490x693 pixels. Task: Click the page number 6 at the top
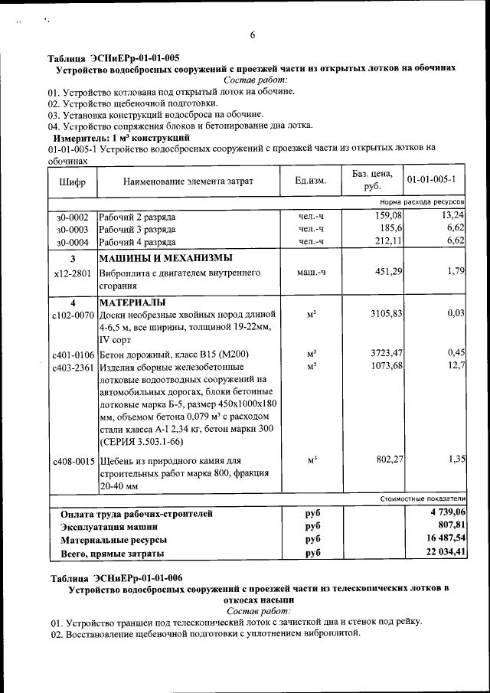pyautogui.click(x=252, y=35)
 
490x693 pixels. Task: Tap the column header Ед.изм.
pyautogui.click(x=310, y=181)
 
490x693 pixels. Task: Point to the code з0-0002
pyautogui.click(x=72, y=217)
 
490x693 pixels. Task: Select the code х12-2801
pyautogui.click(x=73, y=273)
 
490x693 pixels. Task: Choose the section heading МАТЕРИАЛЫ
pyautogui.click(x=132, y=302)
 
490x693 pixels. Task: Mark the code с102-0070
pyautogui.click(x=73, y=315)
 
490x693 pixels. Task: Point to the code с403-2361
pyautogui.click(x=73, y=366)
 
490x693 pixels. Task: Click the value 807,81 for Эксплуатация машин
pyautogui.click(x=450, y=526)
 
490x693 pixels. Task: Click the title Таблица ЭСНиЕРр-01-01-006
pyautogui.click(x=116, y=577)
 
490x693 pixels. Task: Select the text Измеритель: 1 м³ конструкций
pyautogui.click(x=124, y=137)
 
